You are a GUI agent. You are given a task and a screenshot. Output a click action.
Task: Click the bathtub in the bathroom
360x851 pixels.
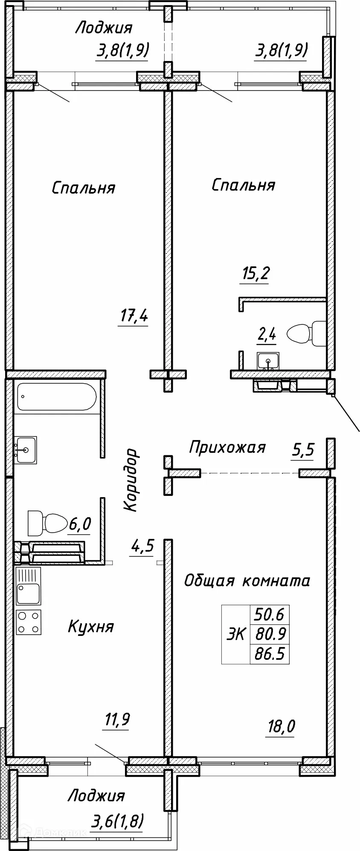[x=53, y=397]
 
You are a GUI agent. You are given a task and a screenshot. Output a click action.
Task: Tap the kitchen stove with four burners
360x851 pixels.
[x=29, y=622]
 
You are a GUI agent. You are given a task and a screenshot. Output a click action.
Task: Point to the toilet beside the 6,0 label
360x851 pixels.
[x=48, y=522]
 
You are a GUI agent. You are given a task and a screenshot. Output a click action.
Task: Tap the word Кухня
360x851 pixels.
[x=91, y=627]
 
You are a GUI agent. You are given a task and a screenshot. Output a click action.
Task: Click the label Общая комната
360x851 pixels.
[x=247, y=581]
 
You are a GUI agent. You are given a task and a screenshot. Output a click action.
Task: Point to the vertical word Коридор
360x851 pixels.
[x=131, y=479]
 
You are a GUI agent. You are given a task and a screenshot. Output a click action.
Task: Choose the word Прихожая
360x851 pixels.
[x=227, y=447]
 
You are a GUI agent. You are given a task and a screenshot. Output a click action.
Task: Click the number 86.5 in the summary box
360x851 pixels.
[x=269, y=653]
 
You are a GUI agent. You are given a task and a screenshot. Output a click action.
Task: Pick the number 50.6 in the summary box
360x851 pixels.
[x=269, y=615]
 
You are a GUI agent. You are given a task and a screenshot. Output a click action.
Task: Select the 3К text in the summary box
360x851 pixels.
[x=235, y=634]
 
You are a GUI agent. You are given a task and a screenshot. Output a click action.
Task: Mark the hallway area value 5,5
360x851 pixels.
[x=302, y=450]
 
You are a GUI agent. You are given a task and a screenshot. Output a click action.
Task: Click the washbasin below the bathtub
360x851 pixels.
[x=26, y=450]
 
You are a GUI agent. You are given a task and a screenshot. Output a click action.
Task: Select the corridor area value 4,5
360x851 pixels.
[x=142, y=546]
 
